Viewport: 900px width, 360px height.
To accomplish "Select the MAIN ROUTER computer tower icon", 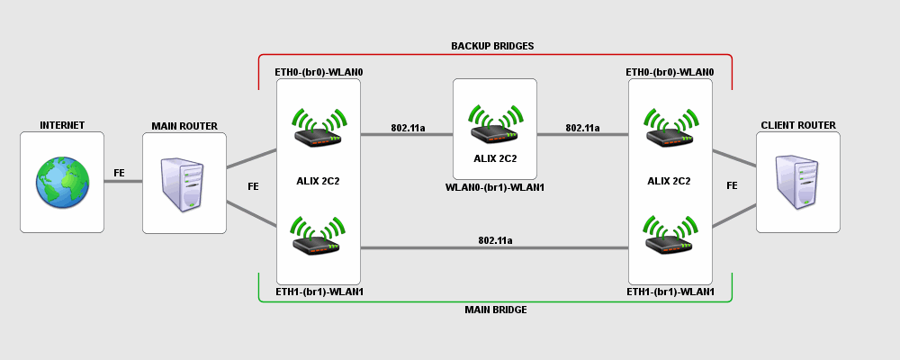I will click(x=184, y=184).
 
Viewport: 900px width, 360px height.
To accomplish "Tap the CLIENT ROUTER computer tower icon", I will click(x=798, y=183).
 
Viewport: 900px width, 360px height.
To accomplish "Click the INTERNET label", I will click(x=62, y=125).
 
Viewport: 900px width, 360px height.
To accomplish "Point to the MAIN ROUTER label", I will click(x=184, y=125).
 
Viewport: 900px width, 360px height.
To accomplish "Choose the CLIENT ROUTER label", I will click(x=798, y=125).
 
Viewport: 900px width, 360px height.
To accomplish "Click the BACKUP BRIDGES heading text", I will click(x=493, y=45).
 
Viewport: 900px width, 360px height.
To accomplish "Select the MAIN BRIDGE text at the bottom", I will click(x=495, y=310).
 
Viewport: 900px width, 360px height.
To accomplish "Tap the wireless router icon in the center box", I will click(x=495, y=126).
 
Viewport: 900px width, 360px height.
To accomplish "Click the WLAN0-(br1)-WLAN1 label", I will click(x=495, y=187).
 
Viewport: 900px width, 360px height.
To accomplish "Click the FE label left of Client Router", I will click(x=732, y=185).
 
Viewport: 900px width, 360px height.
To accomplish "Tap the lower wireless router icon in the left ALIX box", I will click(x=318, y=236).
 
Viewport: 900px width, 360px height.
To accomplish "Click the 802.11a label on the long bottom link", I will click(x=495, y=240).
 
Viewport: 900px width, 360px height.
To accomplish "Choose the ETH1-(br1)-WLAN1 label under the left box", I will click(x=319, y=292).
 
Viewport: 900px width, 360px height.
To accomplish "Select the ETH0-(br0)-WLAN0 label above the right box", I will click(x=670, y=70).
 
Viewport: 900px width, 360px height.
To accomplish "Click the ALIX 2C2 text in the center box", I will click(x=495, y=158).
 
